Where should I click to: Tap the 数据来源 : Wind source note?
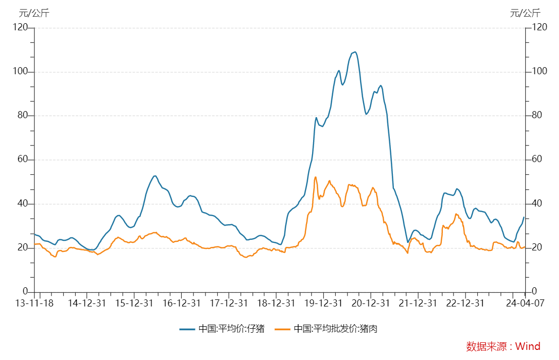(503, 346)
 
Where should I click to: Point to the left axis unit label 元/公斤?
(34, 13)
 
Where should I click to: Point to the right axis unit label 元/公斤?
(525, 13)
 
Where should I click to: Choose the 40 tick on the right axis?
(538, 203)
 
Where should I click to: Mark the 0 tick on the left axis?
(25, 292)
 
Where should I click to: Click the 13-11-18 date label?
(34, 303)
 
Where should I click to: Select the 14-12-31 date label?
(87, 303)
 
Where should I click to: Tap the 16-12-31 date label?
(182, 303)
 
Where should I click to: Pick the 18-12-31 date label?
(276, 303)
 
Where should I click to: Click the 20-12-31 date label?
(371, 303)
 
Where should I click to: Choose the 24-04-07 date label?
(525, 303)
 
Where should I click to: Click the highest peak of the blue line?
(355, 52)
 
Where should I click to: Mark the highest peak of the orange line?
(316, 177)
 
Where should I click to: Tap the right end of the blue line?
(524, 217)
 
